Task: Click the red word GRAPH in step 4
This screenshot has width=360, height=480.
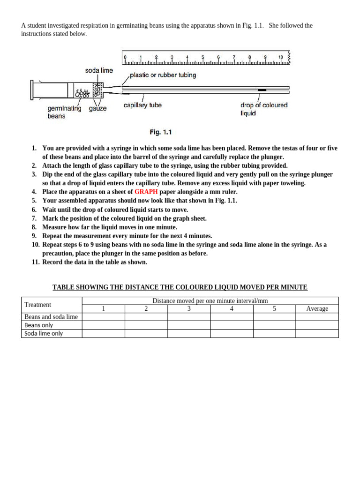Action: pos(146,192)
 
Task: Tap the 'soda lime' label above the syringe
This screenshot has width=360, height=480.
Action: pos(99,70)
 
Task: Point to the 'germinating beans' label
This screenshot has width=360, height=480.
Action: pos(64,112)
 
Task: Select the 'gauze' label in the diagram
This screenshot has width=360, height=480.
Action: pos(98,108)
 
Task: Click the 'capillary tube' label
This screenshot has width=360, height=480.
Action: pos(142,105)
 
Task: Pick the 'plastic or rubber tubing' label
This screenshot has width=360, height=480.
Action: pos(163,75)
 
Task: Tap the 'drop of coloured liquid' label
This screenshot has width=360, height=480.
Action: pos(264,109)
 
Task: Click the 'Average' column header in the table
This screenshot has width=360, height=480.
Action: pos(317,309)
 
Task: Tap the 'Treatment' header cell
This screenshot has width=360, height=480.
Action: pos(37,305)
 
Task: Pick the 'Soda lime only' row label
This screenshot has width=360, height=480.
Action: pos(44,334)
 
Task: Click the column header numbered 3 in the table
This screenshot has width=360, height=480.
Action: pos(189,309)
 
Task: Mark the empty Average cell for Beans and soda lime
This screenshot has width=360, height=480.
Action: pos(317,317)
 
